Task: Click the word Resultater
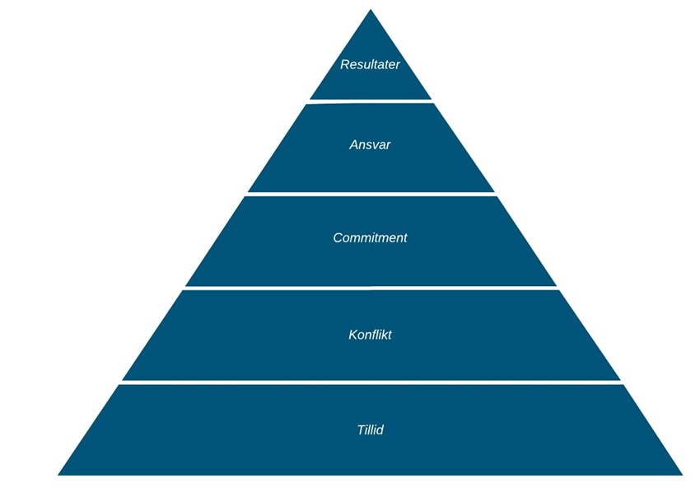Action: (x=370, y=64)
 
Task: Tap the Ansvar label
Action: (x=370, y=145)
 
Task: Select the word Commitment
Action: (x=370, y=237)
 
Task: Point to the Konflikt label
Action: (x=370, y=335)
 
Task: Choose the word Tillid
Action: (x=370, y=430)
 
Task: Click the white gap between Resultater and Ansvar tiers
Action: (x=370, y=101)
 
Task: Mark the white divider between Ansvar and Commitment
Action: (x=371, y=194)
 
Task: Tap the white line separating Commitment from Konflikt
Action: (x=371, y=289)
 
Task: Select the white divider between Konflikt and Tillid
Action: (x=371, y=383)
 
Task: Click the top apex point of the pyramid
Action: (x=371, y=10)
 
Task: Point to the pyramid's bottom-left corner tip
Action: (x=58, y=475)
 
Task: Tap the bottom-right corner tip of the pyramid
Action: (x=682, y=475)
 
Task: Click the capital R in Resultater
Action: (x=344, y=64)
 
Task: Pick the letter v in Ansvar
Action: (x=375, y=146)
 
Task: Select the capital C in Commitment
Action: (x=338, y=237)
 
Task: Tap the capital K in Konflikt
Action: (x=352, y=335)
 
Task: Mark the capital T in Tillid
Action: (x=362, y=430)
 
